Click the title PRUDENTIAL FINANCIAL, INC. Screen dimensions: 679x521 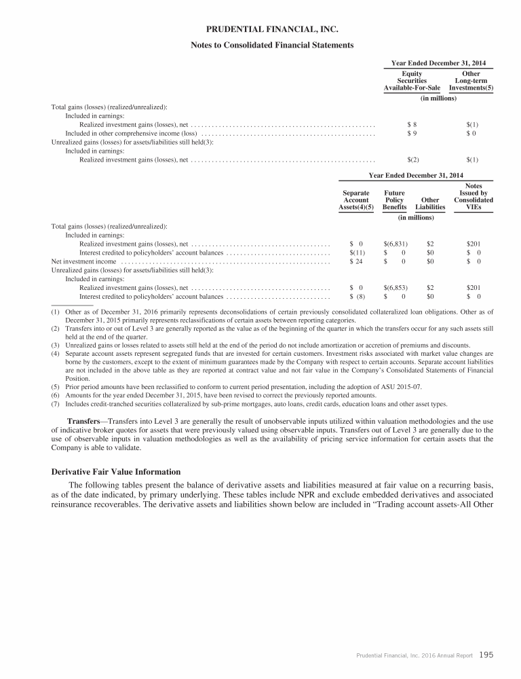coord(271,30)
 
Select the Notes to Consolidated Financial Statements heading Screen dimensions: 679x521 coord(271,45)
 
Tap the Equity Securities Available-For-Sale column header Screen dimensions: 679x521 coord(412,81)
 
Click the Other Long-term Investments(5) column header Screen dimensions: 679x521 coord(471,81)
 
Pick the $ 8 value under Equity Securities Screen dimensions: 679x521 coord(412,125)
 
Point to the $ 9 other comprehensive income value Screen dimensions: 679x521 coord(412,134)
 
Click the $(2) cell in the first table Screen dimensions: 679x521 coord(412,160)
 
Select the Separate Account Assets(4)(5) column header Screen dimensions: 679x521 coord(356,200)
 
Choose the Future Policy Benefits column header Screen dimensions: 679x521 coord(394,200)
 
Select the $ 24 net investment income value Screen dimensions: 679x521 coord(356,261)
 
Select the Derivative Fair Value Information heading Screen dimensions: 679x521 coord(116,471)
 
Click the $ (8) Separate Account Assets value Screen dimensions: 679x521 coord(357,296)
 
